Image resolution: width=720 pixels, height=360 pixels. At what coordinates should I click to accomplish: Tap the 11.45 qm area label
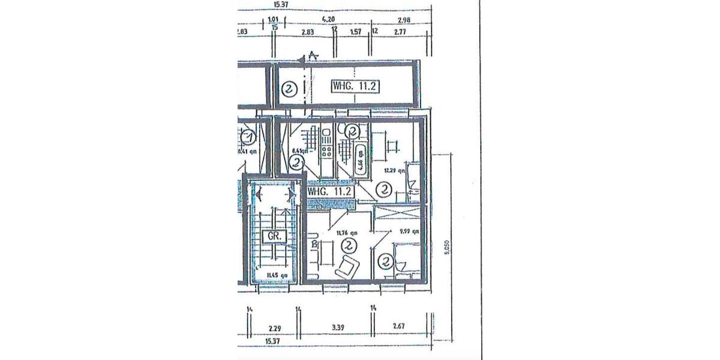pyautogui.click(x=277, y=276)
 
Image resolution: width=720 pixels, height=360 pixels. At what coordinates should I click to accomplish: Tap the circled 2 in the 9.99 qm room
pyautogui.click(x=386, y=262)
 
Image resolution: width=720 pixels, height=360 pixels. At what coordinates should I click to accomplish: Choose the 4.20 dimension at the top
pyautogui.click(x=328, y=19)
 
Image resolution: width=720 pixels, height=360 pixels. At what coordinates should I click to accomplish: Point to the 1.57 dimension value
pyautogui.click(x=356, y=31)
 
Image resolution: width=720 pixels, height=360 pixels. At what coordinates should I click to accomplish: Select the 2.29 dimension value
pyautogui.click(x=275, y=328)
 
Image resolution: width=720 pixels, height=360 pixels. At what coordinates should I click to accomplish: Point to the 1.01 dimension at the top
pyautogui.click(x=273, y=19)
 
